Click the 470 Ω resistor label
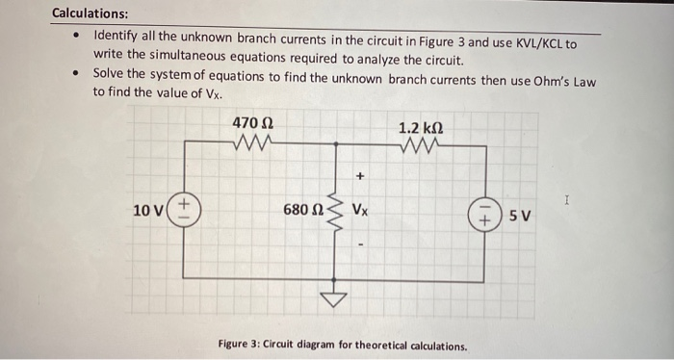254,124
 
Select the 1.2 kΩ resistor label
421,127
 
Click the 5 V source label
521,214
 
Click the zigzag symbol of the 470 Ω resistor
253,143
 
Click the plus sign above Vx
361,177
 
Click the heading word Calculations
90,13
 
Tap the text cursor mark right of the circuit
569,199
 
